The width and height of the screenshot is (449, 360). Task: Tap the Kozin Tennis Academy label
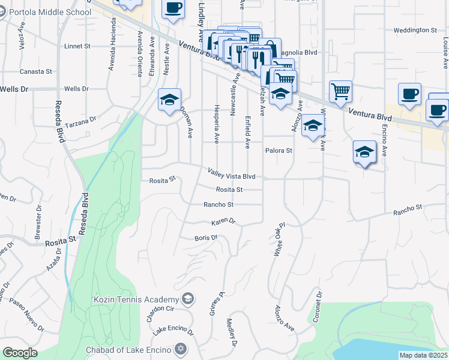[x=136, y=299]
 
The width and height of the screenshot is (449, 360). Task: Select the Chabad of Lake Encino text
[x=126, y=349]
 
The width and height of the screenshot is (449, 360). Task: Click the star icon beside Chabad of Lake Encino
[x=180, y=349]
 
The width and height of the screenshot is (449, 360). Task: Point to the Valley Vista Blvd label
[x=232, y=174]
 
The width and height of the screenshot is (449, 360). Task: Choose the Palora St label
[x=279, y=151]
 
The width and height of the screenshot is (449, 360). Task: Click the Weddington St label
[x=415, y=30]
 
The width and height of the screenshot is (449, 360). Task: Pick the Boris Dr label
[x=206, y=238]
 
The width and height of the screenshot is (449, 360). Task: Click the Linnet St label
[x=77, y=46]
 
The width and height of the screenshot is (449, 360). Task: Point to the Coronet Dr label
[x=318, y=307]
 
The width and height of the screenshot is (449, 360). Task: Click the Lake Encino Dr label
[x=173, y=331]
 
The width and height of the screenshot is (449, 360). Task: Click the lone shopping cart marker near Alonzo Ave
[x=340, y=91]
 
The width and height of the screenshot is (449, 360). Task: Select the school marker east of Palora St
[x=364, y=152]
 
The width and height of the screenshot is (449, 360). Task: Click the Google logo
[x=20, y=353]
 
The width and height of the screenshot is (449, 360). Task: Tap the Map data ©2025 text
[x=423, y=355]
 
